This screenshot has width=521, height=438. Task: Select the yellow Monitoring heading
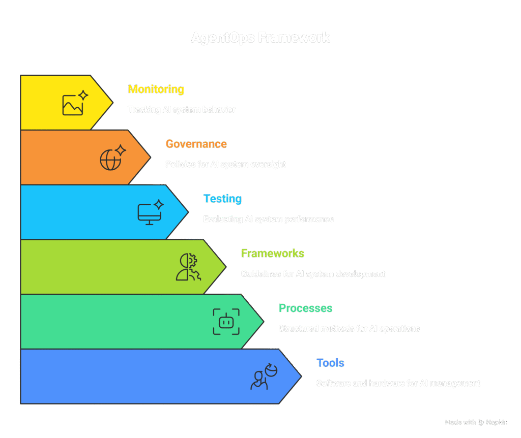click(156, 89)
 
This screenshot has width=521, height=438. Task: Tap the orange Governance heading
click(196, 144)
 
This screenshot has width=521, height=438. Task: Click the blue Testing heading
click(222, 199)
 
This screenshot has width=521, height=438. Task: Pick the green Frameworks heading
click(273, 253)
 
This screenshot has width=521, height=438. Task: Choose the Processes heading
click(305, 308)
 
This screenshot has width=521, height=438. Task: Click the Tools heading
click(330, 363)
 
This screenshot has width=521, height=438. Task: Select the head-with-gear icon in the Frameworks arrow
click(188, 267)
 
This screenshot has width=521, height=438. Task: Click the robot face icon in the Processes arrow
click(226, 322)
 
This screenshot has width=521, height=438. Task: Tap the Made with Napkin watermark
click(476, 422)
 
